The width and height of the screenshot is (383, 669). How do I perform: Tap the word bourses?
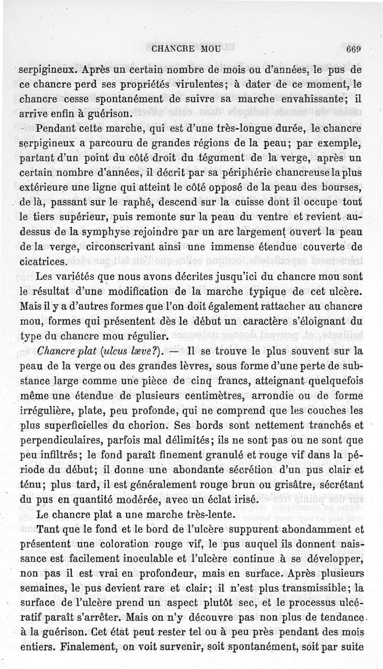346,188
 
